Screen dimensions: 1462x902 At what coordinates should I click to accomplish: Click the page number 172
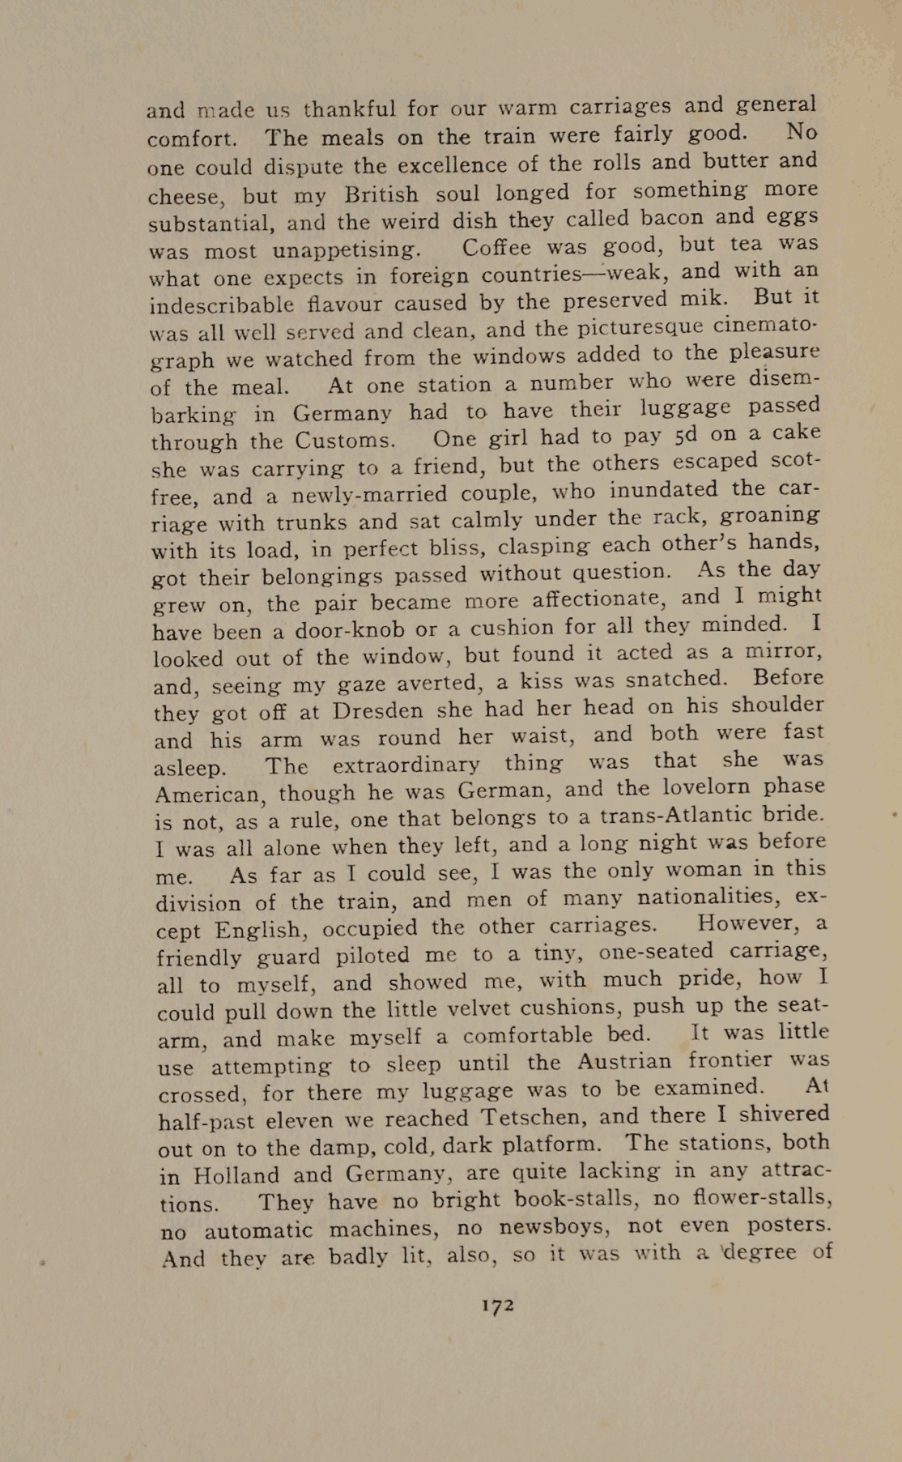tap(497, 1305)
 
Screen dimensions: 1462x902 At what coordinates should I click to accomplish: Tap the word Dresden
tap(378, 710)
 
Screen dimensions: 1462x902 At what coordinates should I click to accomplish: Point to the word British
tap(381, 194)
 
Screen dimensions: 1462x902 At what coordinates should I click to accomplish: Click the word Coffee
tap(497, 246)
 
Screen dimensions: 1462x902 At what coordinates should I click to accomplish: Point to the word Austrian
tap(624, 1061)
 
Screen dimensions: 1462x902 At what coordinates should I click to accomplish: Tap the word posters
tap(787, 1223)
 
